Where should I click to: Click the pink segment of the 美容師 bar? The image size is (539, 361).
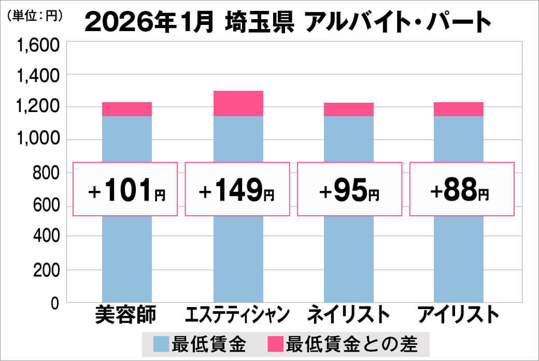coord(127,109)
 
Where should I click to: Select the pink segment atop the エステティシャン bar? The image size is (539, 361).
coord(238,103)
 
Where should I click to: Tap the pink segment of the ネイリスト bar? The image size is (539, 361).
coord(349,109)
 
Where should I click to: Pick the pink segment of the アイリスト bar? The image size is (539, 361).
coord(459,109)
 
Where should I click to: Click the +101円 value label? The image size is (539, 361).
coord(126,189)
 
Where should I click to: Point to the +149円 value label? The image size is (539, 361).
coord(237,189)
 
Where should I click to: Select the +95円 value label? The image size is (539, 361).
coord(349,189)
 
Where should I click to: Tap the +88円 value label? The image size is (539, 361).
coord(462,189)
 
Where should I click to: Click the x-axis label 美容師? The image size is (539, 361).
coord(126,315)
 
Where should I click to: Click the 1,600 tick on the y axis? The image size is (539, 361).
coord(39,47)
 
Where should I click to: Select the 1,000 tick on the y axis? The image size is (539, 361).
coord(39,140)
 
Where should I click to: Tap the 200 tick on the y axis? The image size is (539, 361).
coord(46,270)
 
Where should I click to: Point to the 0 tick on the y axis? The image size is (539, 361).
coord(54,303)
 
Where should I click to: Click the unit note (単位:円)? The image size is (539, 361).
coord(35,16)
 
